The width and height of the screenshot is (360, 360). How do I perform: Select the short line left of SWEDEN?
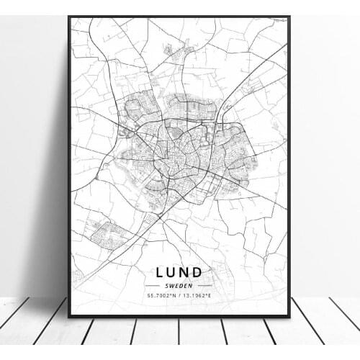coord(158,286)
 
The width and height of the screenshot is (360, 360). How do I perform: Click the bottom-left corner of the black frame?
coord(69,316)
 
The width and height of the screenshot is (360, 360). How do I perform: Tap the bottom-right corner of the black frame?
coord(289,316)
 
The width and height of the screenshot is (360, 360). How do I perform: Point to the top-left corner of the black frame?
coord(69,17)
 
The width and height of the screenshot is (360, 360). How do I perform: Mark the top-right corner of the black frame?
coord(289,17)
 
